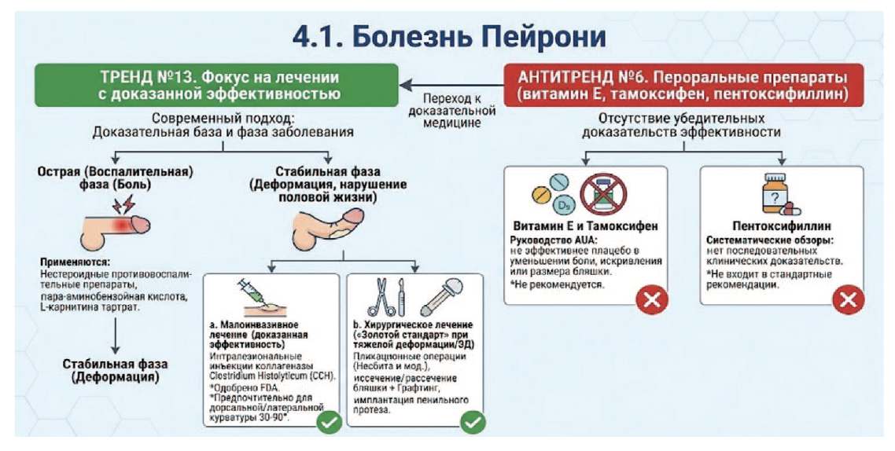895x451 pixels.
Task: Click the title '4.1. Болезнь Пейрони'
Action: click(449, 36)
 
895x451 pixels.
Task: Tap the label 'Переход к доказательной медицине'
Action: click(451, 111)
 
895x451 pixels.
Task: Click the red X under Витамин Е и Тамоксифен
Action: click(651, 299)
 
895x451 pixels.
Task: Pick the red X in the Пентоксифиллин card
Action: click(848, 299)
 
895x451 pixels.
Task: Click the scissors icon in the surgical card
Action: click(378, 296)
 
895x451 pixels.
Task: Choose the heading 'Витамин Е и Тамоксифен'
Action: click(584, 226)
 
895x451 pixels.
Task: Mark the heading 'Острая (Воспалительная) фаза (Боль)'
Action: click(116, 178)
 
